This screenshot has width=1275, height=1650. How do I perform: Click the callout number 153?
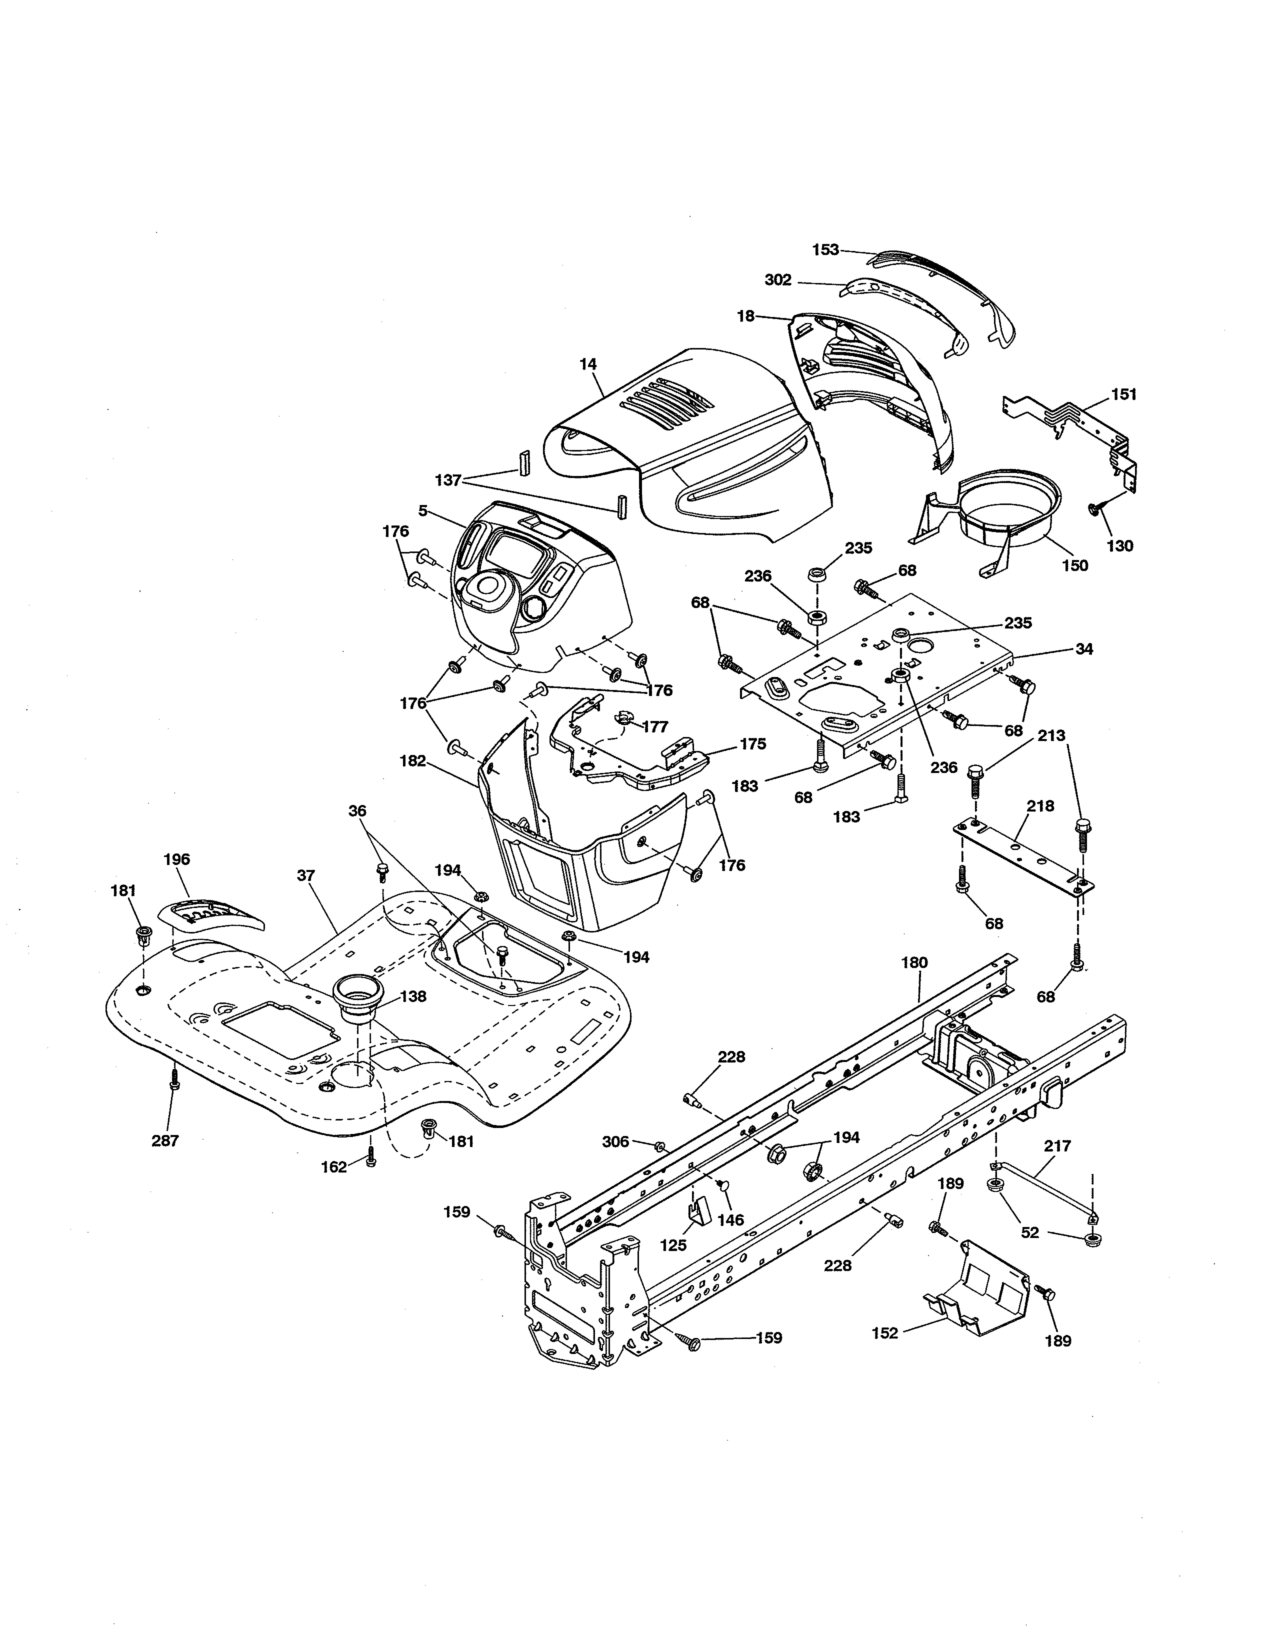825,249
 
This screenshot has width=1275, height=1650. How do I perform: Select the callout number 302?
778,280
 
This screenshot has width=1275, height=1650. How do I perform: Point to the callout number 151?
1124,394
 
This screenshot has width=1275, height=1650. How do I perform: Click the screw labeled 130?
1095,510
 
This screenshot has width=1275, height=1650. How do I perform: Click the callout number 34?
1084,648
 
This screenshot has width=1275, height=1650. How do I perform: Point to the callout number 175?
752,743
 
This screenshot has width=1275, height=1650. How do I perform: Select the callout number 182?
412,761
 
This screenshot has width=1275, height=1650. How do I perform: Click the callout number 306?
615,1141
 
